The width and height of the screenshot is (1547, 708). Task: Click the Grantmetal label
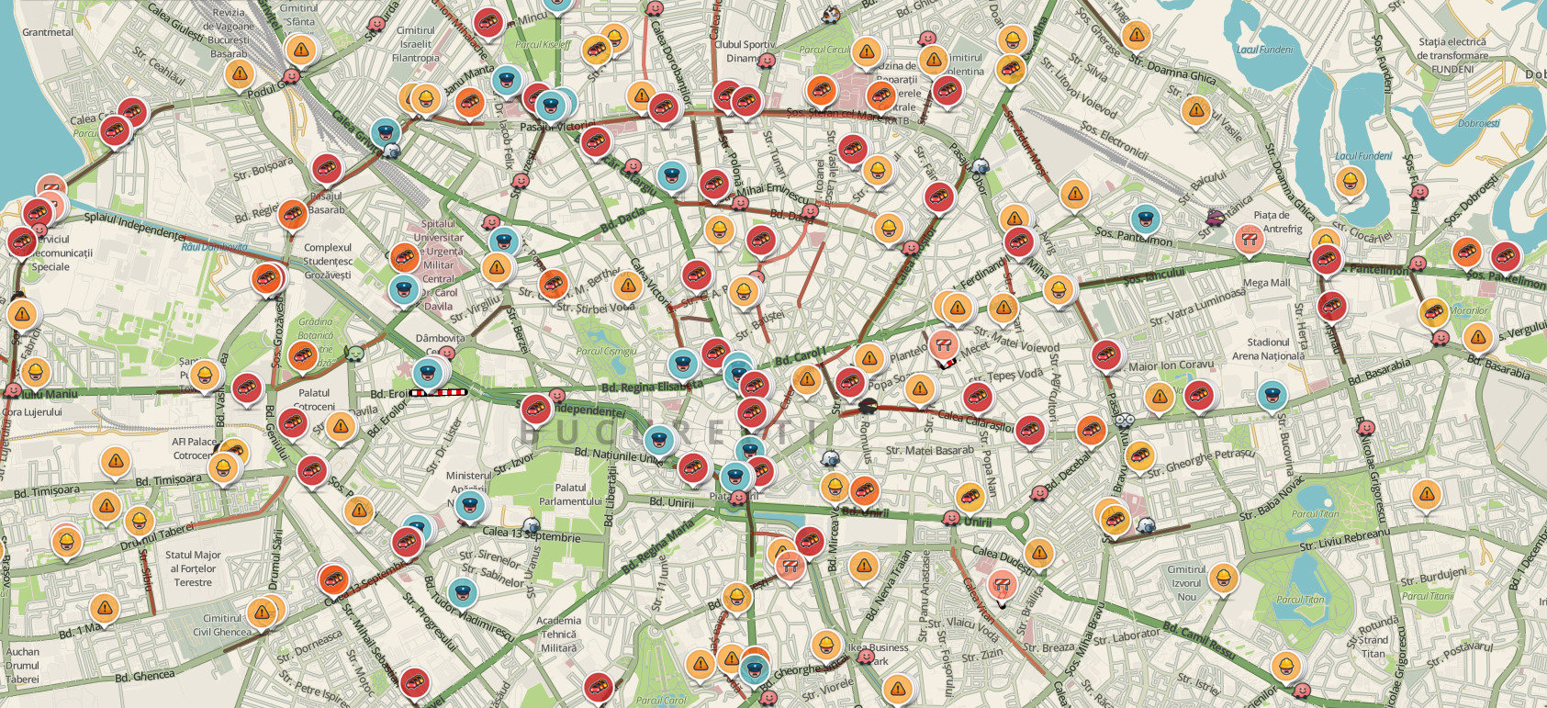[x=47, y=32]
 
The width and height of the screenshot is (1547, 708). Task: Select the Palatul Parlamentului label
[x=570, y=494]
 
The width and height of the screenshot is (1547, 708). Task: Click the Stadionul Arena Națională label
[x=1268, y=349]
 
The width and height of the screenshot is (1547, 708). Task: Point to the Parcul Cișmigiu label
[x=606, y=352]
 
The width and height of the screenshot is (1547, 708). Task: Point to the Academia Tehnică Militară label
[x=558, y=634]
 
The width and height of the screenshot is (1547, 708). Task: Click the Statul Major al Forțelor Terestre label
[x=193, y=568]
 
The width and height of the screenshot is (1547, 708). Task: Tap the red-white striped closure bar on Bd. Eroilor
[x=438, y=393]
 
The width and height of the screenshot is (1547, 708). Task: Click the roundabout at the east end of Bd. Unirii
[x=1016, y=523]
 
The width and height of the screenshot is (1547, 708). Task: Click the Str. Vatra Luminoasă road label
[x=1197, y=307]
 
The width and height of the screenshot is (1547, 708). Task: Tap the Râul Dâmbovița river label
[x=214, y=247]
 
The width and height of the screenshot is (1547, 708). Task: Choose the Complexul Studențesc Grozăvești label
[x=328, y=261]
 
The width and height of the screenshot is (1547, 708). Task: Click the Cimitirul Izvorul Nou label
[x=1186, y=582]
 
